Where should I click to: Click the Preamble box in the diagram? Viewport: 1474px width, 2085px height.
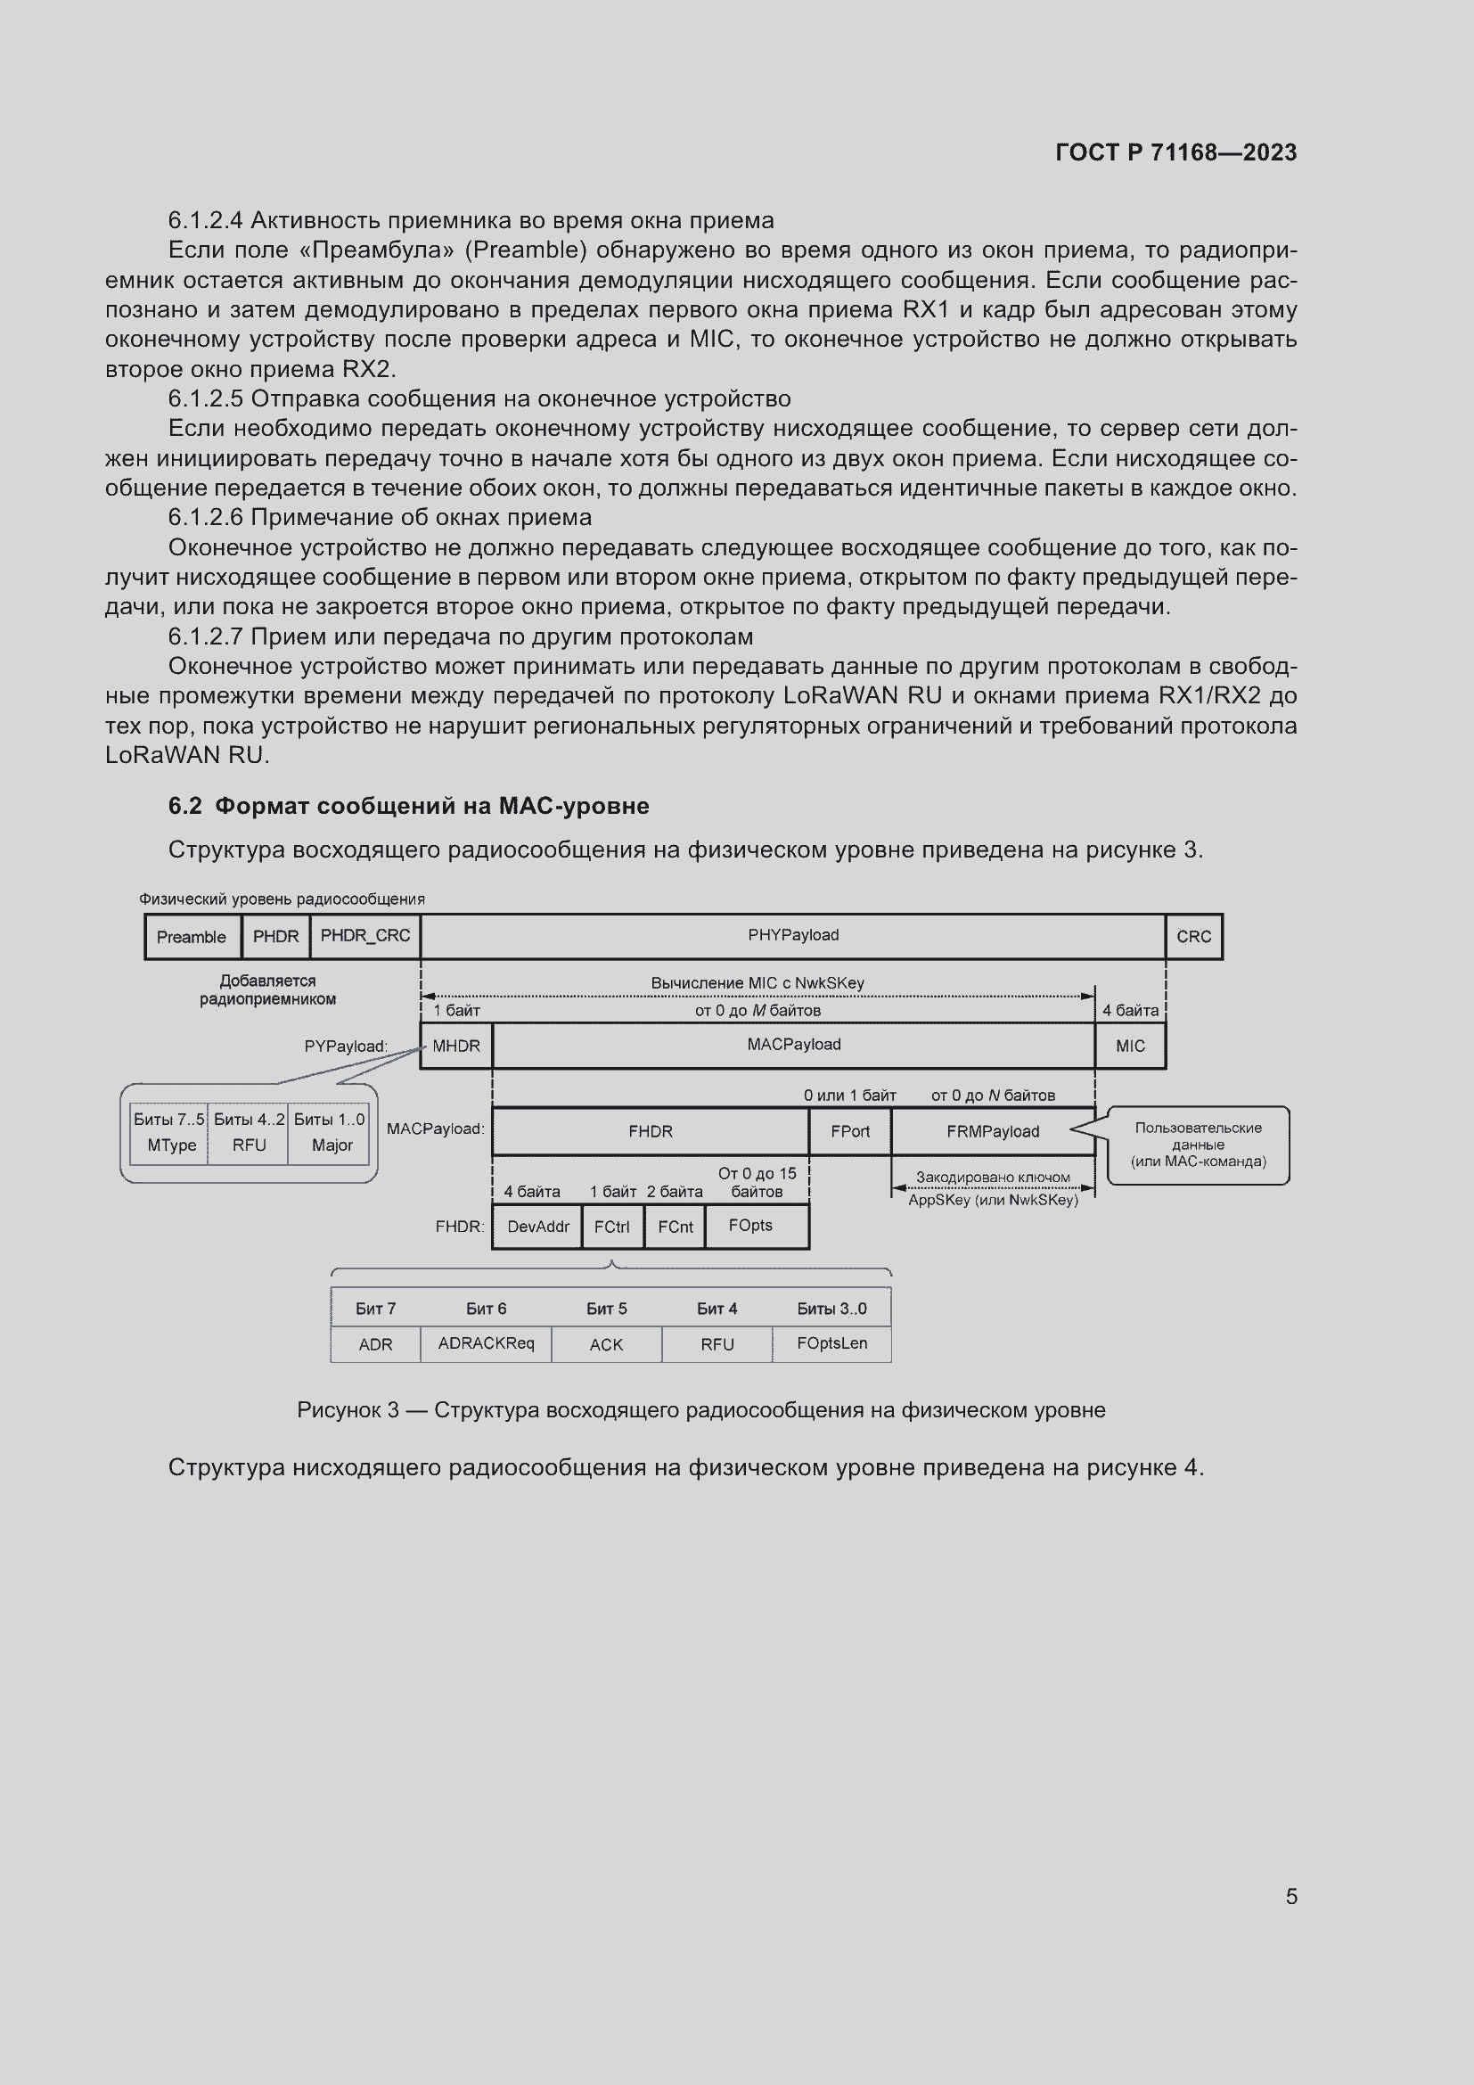(x=192, y=937)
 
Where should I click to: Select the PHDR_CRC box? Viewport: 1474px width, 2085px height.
(x=364, y=936)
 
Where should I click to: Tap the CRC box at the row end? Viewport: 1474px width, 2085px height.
(x=1193, y=937)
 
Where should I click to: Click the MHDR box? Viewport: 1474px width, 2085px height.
(x=455, y=1047)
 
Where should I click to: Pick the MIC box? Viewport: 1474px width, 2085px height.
(x=1130, y=1047)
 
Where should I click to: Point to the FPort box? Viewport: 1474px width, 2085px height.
(x=849, y=1131)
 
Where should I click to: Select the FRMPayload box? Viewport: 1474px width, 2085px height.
(x=993, y=1131)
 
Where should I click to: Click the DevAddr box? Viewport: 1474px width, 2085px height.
(x=537, y=1227)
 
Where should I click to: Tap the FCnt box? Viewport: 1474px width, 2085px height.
(x=676, y=1227)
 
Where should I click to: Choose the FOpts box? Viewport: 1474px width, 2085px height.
(x=751, y=1226)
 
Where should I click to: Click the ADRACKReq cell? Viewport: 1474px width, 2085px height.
(x=486, y=1344)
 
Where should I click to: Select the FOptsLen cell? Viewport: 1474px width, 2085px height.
(x=831, y=1344)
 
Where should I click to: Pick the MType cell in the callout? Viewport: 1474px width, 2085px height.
(x=171, y=1145)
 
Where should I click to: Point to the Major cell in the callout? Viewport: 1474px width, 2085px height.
(x=332, y=1145)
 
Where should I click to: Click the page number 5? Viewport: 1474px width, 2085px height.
(x=1290, y=1896)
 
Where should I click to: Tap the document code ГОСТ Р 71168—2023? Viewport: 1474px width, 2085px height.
(x=1175, y=152)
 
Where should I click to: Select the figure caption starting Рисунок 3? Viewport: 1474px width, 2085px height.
(x=700, y=1410)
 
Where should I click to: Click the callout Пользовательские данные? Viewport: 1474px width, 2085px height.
(x=1198, y=1145)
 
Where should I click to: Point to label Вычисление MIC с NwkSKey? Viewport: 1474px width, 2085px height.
(x=757, y=982)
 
